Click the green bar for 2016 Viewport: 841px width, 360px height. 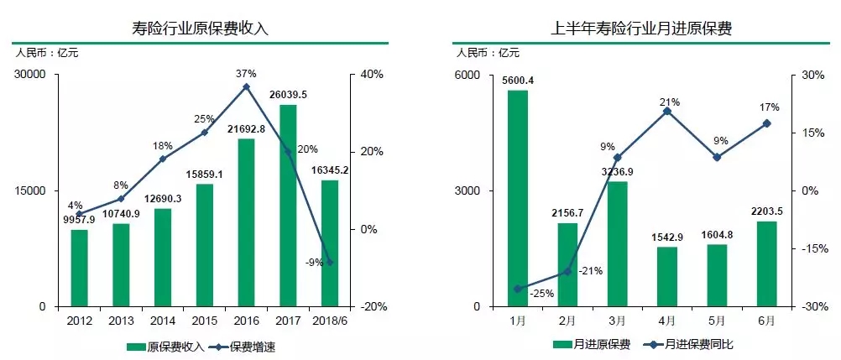pos(246,222)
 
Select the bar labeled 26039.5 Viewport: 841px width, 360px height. pos(287,205)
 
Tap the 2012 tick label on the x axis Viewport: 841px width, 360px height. pos(79,321)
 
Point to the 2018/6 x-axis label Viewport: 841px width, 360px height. pos(329,321)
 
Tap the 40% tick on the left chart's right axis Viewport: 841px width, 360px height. pos(372,75)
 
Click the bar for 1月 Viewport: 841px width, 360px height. pos(518,198)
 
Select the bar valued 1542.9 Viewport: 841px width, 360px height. pos(667,276)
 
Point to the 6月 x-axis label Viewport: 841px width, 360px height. pos(766,321)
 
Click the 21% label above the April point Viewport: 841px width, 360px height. pos(669,102)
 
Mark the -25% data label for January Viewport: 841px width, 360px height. pos(542,294)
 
